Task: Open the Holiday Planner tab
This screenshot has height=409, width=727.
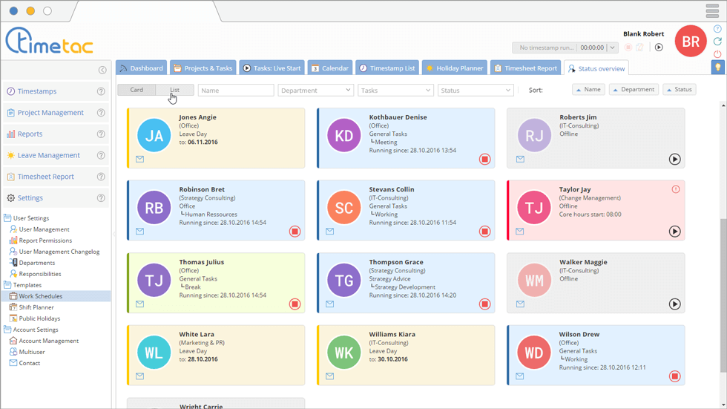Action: click(x=453, y=68)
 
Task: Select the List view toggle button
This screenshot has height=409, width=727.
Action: click(x=174, y=90)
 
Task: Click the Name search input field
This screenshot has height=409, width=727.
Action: click(x=236, y=90)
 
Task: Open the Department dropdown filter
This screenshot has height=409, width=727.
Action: click(x=315, y=90)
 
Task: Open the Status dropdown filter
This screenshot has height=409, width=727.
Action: click(x=476, y=90)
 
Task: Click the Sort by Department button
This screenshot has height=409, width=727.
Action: click(x=634, y=90)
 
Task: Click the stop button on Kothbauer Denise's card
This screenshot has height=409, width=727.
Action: click(x=484, y=159)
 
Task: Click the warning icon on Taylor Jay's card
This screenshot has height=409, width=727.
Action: click(x=675, y=189)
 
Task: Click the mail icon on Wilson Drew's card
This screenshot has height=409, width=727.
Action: click(x=520, y=376)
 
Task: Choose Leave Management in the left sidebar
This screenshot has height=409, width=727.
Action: click(x=48, y=155)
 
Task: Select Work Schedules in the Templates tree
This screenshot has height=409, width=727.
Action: click(x=40, y=296)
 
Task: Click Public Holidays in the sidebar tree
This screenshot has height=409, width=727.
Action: click(x=39, y=318)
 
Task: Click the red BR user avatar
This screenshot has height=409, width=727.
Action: click(x=690, y=42)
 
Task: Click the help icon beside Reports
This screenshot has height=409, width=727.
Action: click(x=101, y=134)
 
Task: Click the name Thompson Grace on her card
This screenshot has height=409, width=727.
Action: click(x=396, y=262)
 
